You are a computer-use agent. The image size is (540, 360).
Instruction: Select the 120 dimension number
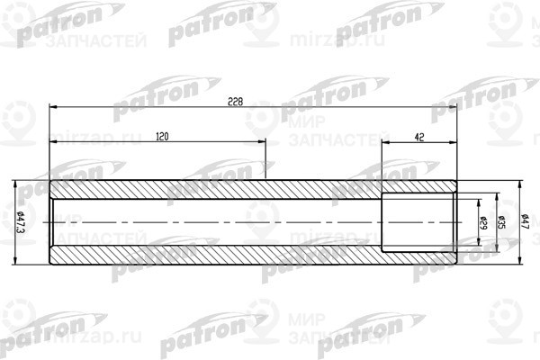(x=163, y=135)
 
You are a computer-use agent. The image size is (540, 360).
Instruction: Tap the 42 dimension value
(x=419, y=135)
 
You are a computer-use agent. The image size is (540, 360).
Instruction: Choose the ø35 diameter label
(x=501, y=222)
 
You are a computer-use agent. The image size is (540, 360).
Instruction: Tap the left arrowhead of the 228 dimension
(x=53, y=106)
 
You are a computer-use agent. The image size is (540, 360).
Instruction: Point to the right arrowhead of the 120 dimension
(x=263, y=141)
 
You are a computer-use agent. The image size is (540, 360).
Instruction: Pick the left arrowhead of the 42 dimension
(x=386, y=141)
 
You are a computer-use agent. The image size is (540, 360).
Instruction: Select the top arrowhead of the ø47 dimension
(x=519, y=184)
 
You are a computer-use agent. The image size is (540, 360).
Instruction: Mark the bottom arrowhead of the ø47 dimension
(x=519, y=263)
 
